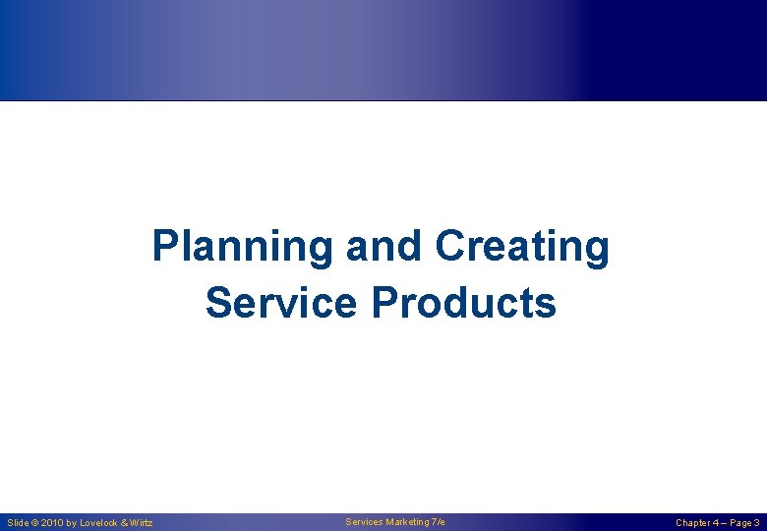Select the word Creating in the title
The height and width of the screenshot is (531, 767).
click(x=522, y=248)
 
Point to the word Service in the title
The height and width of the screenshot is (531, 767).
click(x=282, y=303)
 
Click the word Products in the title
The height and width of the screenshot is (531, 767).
click(x=464, y=303)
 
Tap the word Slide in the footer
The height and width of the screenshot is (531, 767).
click(x=19, y=523)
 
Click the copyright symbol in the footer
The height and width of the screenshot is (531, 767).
click(x=36, y=523)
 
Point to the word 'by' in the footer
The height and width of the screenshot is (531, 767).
click(x=72, y=523)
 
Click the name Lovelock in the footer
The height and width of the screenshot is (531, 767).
click(x=99, y=523)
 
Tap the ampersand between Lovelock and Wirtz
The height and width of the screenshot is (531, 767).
click(x=125, y=523)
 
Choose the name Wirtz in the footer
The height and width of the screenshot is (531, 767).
click(x=142, y=523)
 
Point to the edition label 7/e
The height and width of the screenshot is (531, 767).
click(x=439, y=521)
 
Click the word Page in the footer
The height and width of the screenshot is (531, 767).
click(x=741, y=523)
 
